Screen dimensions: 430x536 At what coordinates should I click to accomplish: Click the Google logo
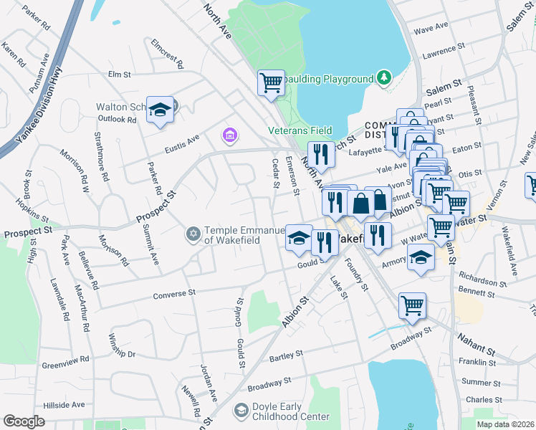pyautogui.click(x=24, y=421)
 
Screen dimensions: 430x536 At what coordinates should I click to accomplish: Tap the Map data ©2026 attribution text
pyautogui.click(x=506, y=424)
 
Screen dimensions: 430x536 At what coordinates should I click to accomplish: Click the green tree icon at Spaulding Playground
pyautogui.click(x=385, y=77)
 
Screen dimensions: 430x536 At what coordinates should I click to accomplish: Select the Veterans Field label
pyautogui.click(x=300, y=130)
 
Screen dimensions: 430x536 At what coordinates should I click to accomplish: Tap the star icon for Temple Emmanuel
pyautogui.click(x=193, y=234)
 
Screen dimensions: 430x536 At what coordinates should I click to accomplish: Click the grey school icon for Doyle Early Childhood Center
pyautogui.click(x=241, y=411)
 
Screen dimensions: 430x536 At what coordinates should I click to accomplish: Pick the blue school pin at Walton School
pyautogui.click(x=161, y=110)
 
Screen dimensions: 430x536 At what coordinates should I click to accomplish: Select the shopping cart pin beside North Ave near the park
pyautogui.click(x=271, y=82)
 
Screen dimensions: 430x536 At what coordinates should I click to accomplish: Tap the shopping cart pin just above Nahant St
pyautogui.click(x=412, y=305)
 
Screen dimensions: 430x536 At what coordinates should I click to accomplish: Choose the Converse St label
pyautogui.click(x=174, y=293)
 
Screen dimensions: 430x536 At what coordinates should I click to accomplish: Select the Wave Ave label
pyautogui.click(x=431, y=28)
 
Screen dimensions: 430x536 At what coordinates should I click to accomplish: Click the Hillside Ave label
pyautogui.click(x=63, y=405)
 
